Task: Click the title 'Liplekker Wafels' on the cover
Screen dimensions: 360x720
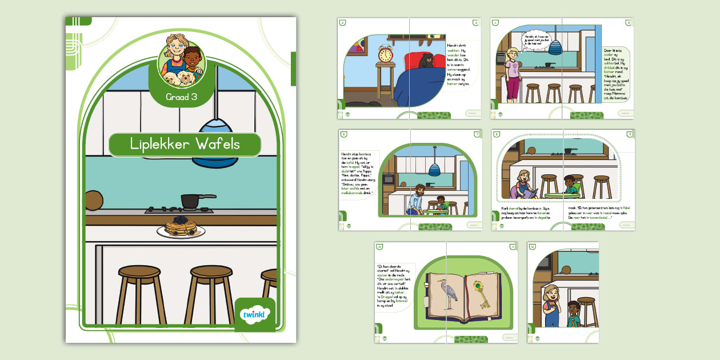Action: pos(185,145)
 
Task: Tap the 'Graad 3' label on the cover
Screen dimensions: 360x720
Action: pos(182,97)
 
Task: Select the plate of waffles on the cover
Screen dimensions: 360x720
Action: pos(181,227)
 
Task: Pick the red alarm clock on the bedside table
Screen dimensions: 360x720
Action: pos(386,54)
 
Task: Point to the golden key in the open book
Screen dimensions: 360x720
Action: pos(483,292)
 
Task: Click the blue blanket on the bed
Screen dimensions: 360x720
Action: pos(420,86)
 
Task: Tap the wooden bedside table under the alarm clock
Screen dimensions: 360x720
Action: pos(386,79)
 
